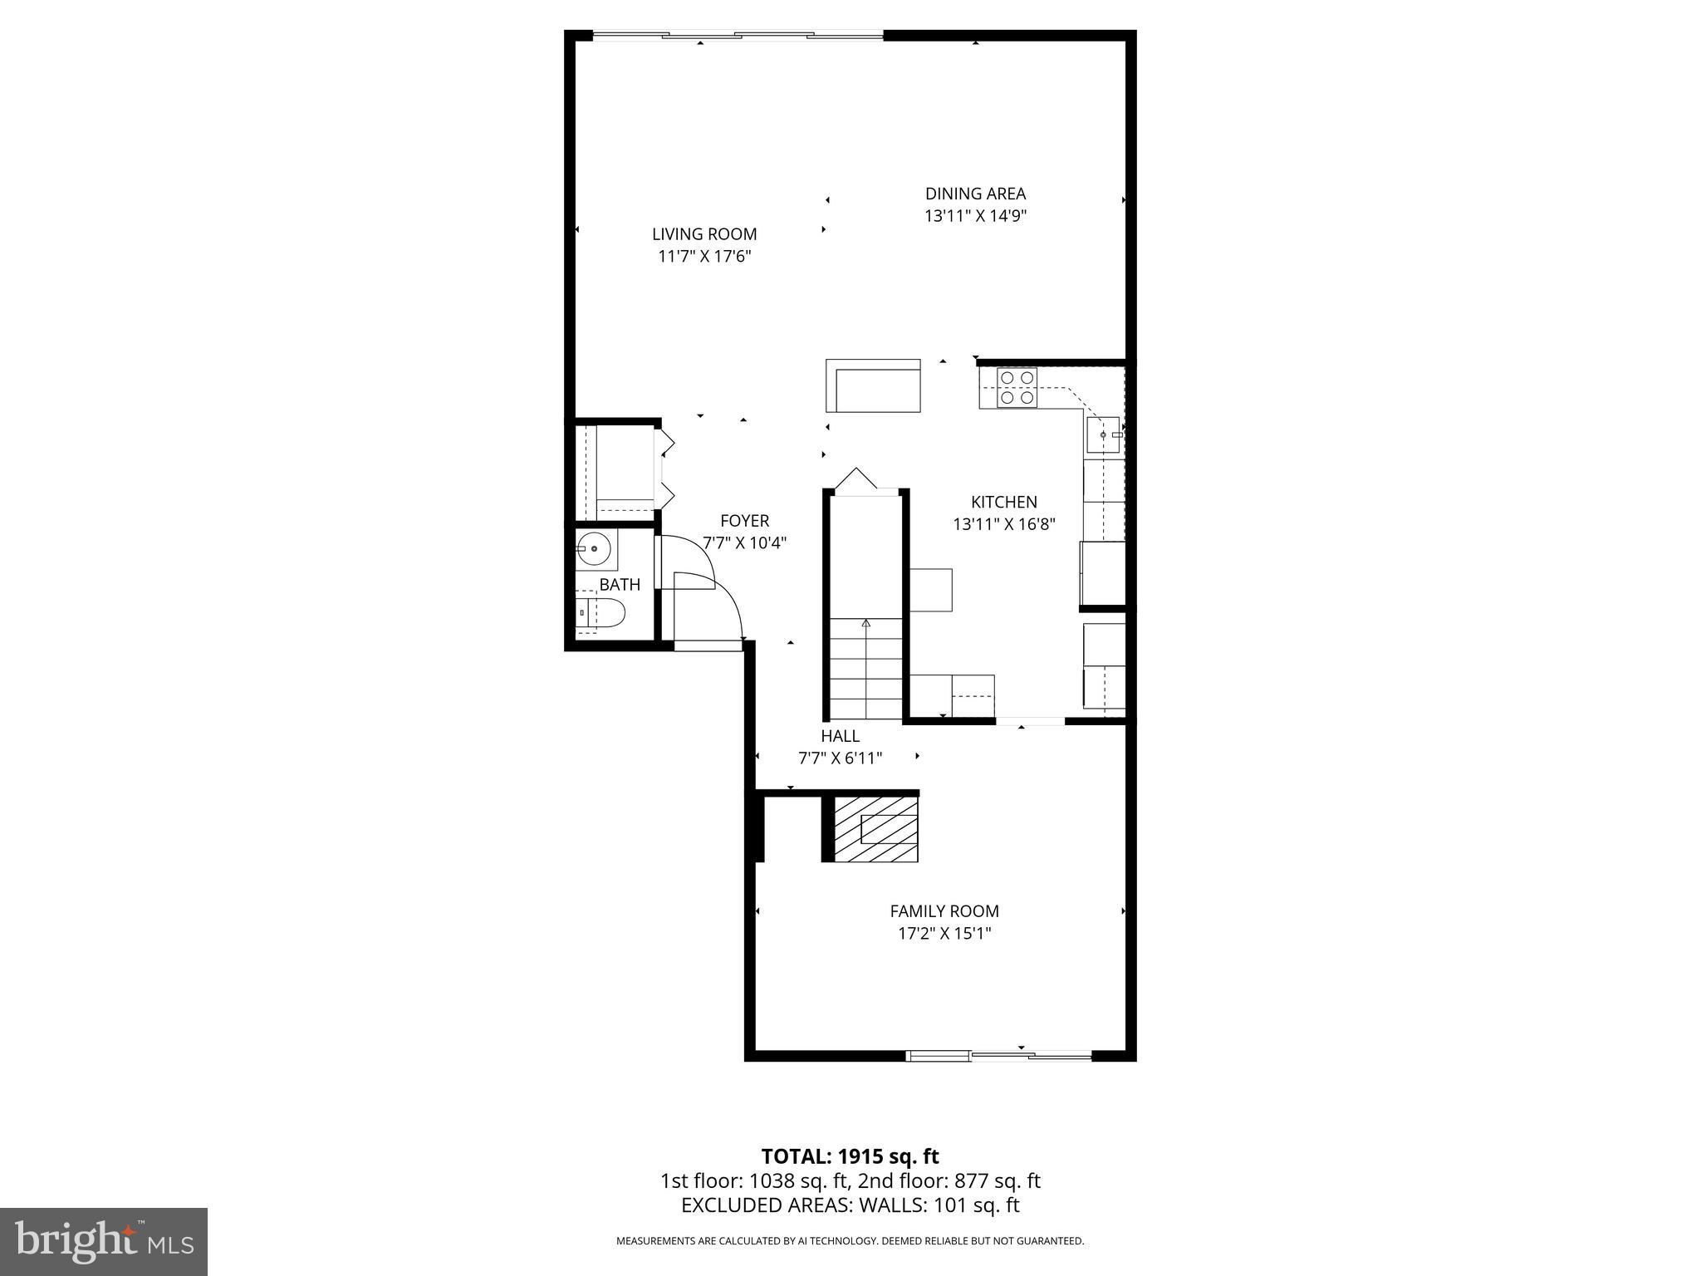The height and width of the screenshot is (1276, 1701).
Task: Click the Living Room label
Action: point(704,234)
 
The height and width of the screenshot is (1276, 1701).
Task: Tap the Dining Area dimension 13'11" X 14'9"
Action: point(976,216)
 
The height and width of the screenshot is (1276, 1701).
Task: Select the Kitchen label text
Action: point(1003,502)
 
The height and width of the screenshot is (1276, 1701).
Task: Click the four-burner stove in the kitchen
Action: point(1017,388)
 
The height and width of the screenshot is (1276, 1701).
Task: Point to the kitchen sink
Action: point(1104,434)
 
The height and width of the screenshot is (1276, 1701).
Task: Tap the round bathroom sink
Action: point(594,549)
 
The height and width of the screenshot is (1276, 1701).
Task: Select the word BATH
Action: point(620,585)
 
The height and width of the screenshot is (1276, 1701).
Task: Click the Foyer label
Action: point(744,521)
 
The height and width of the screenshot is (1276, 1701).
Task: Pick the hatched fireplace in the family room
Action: point(876,829)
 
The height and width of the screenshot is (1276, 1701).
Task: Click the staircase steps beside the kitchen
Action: point(866,669)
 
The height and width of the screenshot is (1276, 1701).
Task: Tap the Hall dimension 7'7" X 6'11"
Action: point(840,758)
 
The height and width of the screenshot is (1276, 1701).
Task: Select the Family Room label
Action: point(944,910)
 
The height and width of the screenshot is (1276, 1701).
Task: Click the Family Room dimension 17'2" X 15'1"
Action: point(944,933)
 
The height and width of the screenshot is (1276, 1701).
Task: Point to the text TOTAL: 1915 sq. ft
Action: point(850,1156)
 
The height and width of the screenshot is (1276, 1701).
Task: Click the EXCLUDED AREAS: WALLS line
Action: point(850,1205)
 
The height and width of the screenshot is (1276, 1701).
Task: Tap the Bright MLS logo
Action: point(104,1241)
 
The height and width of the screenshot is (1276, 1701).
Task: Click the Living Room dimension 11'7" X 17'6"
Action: point(704,257)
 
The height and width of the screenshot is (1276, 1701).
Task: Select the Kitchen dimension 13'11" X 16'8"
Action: point(1003,524)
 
